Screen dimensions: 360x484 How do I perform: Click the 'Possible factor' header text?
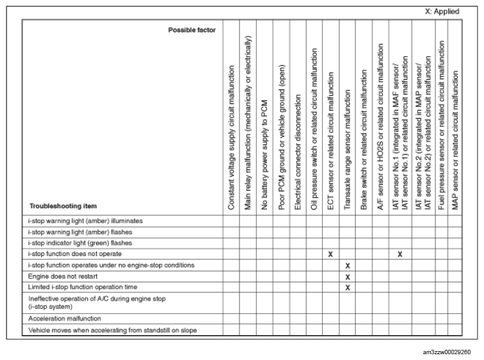[x=191, y=30]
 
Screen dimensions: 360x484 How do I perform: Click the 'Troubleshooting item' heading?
[x=63, y=206]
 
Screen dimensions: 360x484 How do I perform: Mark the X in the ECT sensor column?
[x=330, y=254]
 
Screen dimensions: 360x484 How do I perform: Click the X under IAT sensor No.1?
[x=399, y=254]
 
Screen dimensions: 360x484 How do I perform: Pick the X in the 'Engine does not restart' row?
[x=347, y=277]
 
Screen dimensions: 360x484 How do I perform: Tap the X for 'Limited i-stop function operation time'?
[x=347, y=288]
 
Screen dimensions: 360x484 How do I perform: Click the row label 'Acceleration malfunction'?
[x=65, y=318]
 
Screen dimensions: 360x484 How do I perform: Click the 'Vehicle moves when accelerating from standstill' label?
[x=112, y=330]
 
